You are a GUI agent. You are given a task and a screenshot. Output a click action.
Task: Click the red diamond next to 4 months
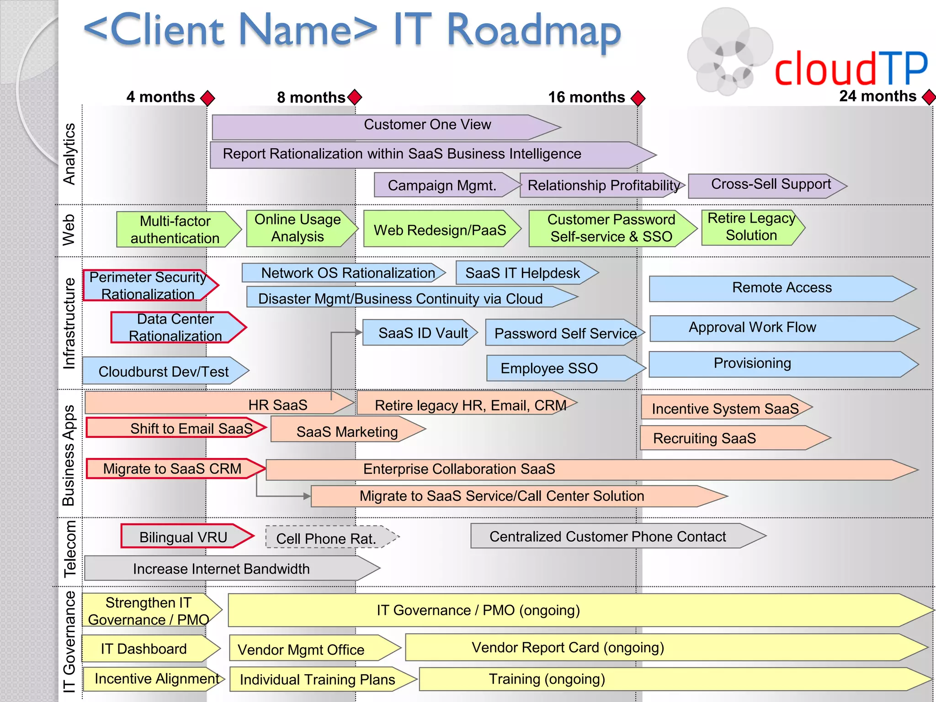(207, 97)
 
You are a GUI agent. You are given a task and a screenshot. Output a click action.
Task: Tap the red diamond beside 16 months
(638, 98)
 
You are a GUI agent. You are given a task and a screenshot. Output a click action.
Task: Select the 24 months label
(877, 96)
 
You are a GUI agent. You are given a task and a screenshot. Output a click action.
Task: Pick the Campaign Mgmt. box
(441, 185)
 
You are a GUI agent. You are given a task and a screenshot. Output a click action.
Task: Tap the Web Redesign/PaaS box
(440, 229)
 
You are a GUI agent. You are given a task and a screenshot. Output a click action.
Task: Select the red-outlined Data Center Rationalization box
(176, 327)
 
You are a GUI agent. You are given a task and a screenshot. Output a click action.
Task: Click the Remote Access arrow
(782, 288)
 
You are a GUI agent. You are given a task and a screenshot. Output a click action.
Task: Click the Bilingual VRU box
(184, 537)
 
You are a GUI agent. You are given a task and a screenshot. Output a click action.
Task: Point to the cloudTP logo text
(851, 69)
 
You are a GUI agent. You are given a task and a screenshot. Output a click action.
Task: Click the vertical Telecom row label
(69, 548)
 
